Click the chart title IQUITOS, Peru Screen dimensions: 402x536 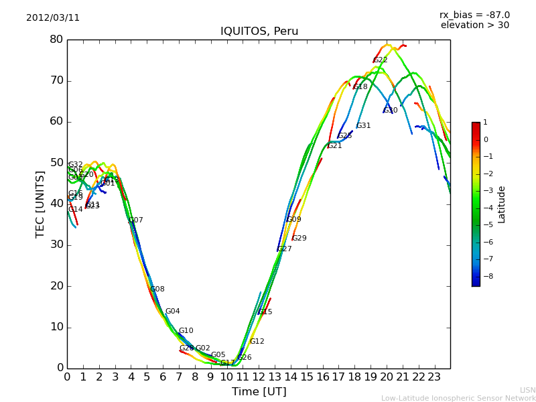pyautogui.click(x=259, y=31)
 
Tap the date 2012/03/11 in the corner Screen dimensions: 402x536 pyautogui.click(x=53, y=18)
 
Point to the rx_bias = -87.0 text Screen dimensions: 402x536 pyautogui.click(x=474, y=15)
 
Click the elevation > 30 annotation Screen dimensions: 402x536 pyautogui.click(x=474, y=25)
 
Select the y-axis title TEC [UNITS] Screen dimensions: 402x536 pyautogui.click(x=40, y=204)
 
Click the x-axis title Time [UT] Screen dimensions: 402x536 pyautogui.click(x=259, y=392)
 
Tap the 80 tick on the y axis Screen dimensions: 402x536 pyautogui.click(x=56, y=40)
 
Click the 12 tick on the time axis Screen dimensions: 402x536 pyautogui.click(x=259, y=377)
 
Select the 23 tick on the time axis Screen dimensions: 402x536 pyautogui.click(x=434, y=377)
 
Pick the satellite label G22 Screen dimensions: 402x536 pyautogui.click(x=381, y=60)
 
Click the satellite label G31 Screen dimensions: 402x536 pyautogui.click(x=363, y=126)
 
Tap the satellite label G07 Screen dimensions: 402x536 pyautogui.click(x=135, y=220)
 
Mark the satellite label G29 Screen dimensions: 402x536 pyautogui.click(x=299, y=239)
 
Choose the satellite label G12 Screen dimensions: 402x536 pyautogui.click(x=257, y=342)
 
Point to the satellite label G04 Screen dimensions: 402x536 pyautogui.click(x=172, y=312)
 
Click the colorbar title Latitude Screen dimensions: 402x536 pyautogui.click(x=502, y=204)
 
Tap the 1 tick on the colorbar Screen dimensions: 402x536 pyautogui.click(x=486, y=123)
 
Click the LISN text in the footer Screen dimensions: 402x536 pyautogui.click(x=527, y=390)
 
